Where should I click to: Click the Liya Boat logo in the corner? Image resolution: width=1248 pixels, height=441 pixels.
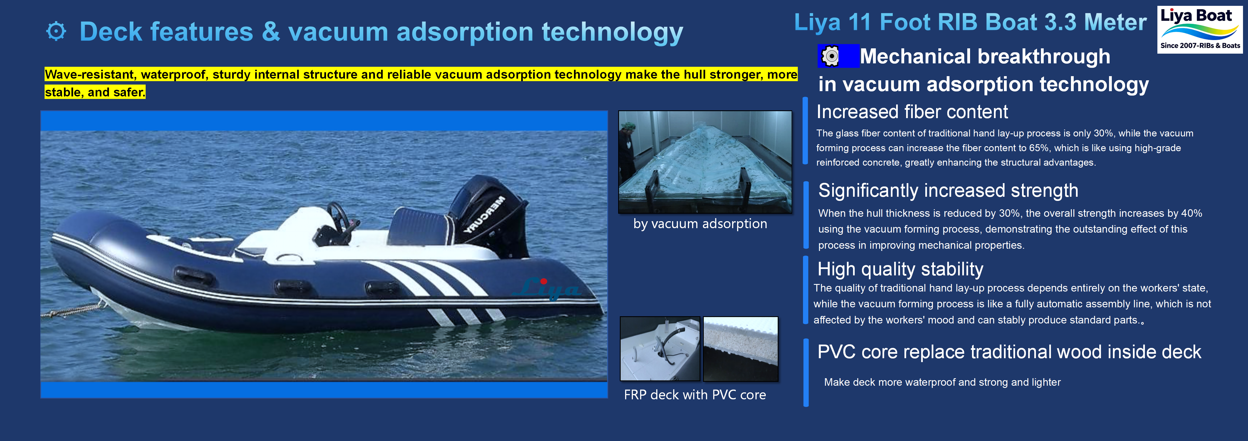(1200, 29)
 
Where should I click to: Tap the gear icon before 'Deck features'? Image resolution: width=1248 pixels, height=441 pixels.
(56, 31)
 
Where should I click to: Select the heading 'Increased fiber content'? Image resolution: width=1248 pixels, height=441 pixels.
(912, 112)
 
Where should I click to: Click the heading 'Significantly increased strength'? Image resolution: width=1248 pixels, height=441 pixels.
(948, 190)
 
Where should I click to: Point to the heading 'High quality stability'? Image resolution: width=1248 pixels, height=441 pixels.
(900, 269)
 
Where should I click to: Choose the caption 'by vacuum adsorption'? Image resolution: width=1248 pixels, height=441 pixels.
(700, 224)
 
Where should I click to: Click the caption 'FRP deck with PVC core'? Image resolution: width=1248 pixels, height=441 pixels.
(695, 395)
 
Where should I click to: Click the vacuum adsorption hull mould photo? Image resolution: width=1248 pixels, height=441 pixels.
(705, 162)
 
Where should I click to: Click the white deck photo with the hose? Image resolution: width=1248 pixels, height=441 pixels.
(660, 349)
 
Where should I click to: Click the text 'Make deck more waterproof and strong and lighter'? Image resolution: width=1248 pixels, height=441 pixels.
(942, 382)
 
